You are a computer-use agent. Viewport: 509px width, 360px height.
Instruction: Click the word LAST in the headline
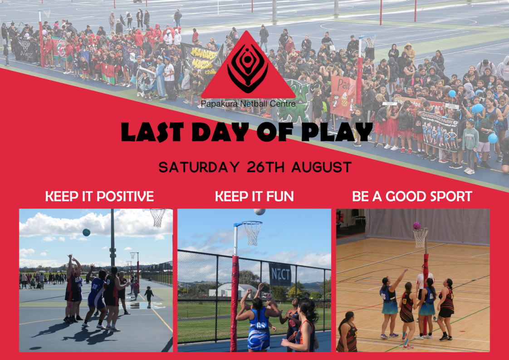tap(148, 132)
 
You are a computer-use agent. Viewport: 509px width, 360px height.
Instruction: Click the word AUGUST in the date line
tap(321, 167)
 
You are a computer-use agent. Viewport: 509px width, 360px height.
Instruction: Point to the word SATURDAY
tap(199, 167)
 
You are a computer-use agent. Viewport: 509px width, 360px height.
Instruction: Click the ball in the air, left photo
tap(86, 232)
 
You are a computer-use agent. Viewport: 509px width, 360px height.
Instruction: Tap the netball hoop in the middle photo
tap(252, 232)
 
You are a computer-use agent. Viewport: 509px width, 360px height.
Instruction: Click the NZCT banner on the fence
tap(279, 274)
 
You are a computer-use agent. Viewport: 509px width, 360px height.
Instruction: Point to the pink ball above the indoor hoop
tap(416, 225)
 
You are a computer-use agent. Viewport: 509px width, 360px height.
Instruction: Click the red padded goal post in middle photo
tap(235, 300)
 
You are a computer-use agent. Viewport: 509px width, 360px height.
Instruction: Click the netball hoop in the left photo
tap(157, 217)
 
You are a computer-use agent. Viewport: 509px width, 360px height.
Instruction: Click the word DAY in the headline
tap(220, 132)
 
